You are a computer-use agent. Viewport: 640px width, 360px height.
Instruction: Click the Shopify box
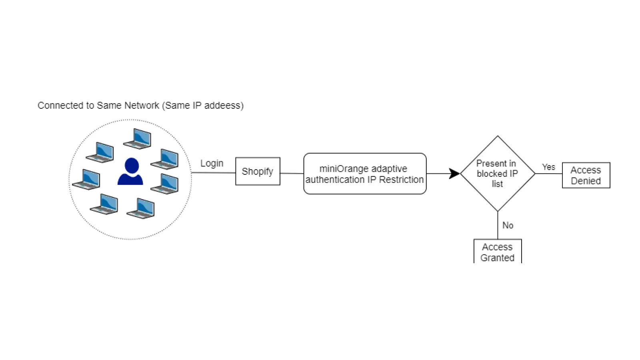(x=257, y=171)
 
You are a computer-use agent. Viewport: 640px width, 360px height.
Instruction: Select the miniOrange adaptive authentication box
(x=364, y=174)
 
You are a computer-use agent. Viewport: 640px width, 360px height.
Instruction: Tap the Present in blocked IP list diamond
(x=497, y=174)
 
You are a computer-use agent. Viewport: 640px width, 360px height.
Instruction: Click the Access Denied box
(x=586, y=175)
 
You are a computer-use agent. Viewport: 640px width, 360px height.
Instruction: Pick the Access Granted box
(x=497, y=252)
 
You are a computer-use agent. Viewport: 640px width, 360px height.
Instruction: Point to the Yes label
(x=548, y=167)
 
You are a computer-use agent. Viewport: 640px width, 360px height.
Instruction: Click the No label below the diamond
(x=508, y=225)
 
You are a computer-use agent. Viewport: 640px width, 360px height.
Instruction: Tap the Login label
(x=212, y=163)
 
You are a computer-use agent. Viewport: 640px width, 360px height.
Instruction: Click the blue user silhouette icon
(x=130, y=172)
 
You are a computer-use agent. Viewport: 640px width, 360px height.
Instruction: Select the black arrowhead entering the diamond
(x=454, y=174)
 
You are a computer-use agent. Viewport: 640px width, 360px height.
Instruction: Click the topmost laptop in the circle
(x=138, y=138)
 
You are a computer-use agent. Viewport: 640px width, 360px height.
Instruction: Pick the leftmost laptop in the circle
(x=86, y=179)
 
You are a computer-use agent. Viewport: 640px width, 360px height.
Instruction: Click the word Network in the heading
(x=142, y=105)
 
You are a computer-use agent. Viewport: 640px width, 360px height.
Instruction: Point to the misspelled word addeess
(x=224, y=105)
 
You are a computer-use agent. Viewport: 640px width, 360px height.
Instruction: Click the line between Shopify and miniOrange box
(x=292, y=173)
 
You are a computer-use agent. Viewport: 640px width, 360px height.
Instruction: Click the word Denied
(x=586, y=181)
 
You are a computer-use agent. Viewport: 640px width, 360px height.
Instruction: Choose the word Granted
(x=497, y=258)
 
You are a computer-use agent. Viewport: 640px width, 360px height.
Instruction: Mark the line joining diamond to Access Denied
(x=549, y=174)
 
